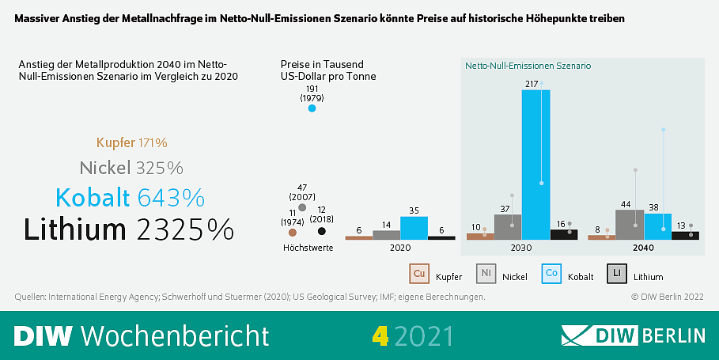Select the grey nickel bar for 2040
(x=630, y=224)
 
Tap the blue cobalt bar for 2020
(x=414, y=227)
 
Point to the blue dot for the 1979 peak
(x=312, y=108)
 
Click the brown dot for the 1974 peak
(x=293, y=233)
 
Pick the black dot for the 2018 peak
(x=322, y=231)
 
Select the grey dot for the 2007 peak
(x=302, y=207)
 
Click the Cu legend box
(x=418, y=274)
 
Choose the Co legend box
(x=551, y=274)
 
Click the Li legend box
(x=617, y=274)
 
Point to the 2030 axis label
(x=521, y=248)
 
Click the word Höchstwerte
(x=308, y=248)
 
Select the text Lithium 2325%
(x=129, y=229)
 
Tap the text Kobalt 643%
(x=130, y=197)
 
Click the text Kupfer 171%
(x=131, y=143)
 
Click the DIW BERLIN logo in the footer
(x=633, y=335)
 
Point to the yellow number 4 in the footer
(x=380, y=335)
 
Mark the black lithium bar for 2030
(x=564, y=234)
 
